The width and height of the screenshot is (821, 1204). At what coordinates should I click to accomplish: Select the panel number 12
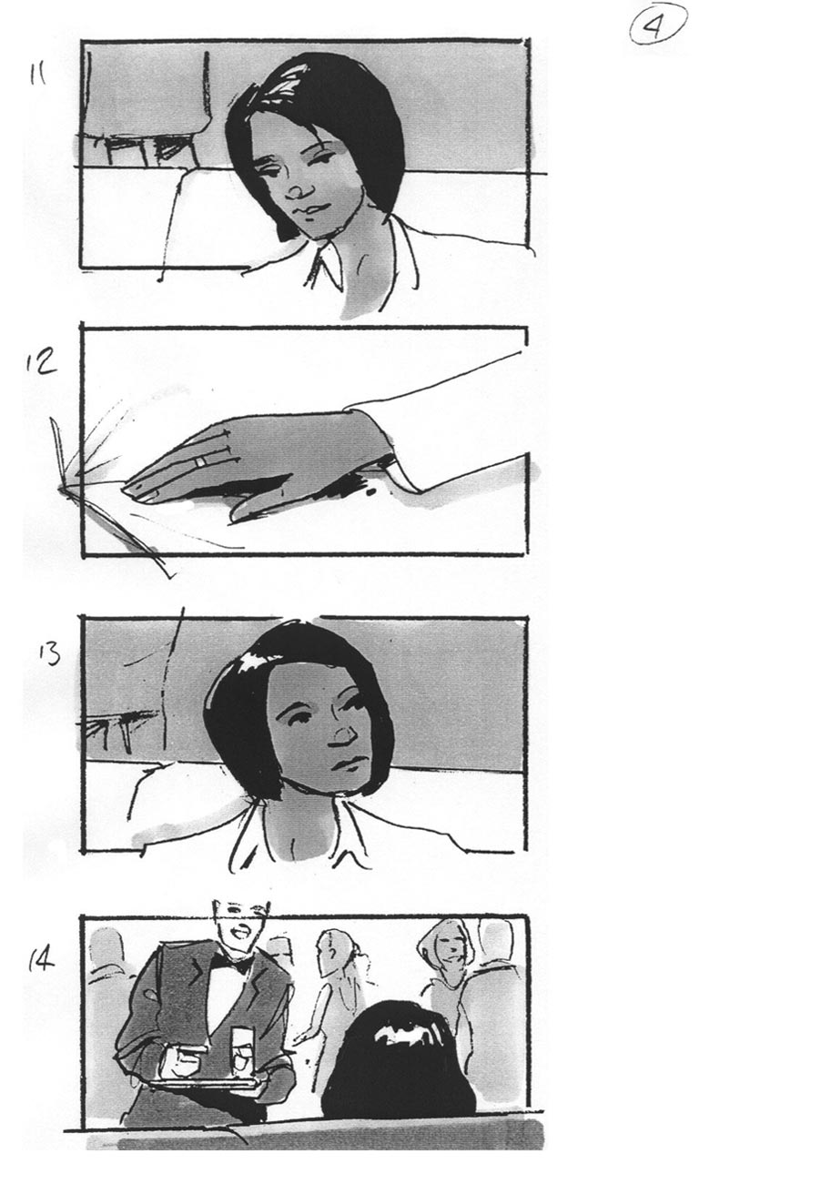(40, 361)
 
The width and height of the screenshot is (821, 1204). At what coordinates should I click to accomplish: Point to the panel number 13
(49, 653)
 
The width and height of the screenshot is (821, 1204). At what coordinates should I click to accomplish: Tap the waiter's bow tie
(229, 963)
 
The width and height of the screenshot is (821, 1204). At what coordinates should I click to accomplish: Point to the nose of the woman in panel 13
(343, 735)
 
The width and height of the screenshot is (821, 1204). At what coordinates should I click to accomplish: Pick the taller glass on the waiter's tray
(242, 1051)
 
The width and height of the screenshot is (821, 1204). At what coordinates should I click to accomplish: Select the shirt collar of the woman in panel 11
(324, 267)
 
